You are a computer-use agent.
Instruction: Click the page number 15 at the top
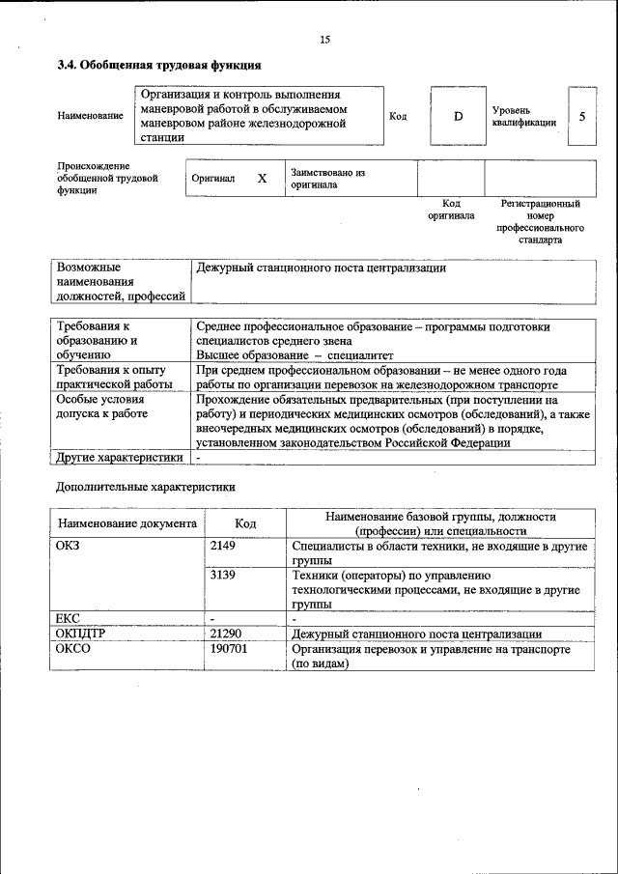[x=324, y=40]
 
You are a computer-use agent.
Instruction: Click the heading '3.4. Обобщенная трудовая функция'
[x=158, y=66]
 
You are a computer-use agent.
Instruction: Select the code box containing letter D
[x=458, y=116]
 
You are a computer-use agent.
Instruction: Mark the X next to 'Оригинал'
[x=261, y=179]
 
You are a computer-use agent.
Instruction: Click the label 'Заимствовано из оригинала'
[x=327, y=179]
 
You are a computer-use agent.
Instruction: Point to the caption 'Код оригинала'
[x=451, y=210]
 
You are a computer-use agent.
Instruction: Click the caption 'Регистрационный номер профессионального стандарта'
[x=540, y=222]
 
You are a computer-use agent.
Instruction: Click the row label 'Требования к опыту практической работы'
[x=111, y=377]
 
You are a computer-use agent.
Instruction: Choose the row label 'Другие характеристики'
[x=119, y=457]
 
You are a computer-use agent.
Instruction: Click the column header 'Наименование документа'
[x=127, y=523]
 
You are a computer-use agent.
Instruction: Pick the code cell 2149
[x=223, y=547]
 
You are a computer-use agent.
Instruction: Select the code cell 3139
[x=223, y=576]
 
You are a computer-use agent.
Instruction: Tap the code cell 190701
[x=229, y=650]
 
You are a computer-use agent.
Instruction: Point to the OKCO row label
[x=73, y=650]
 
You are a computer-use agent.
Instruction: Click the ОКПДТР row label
[x=82, y=634]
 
